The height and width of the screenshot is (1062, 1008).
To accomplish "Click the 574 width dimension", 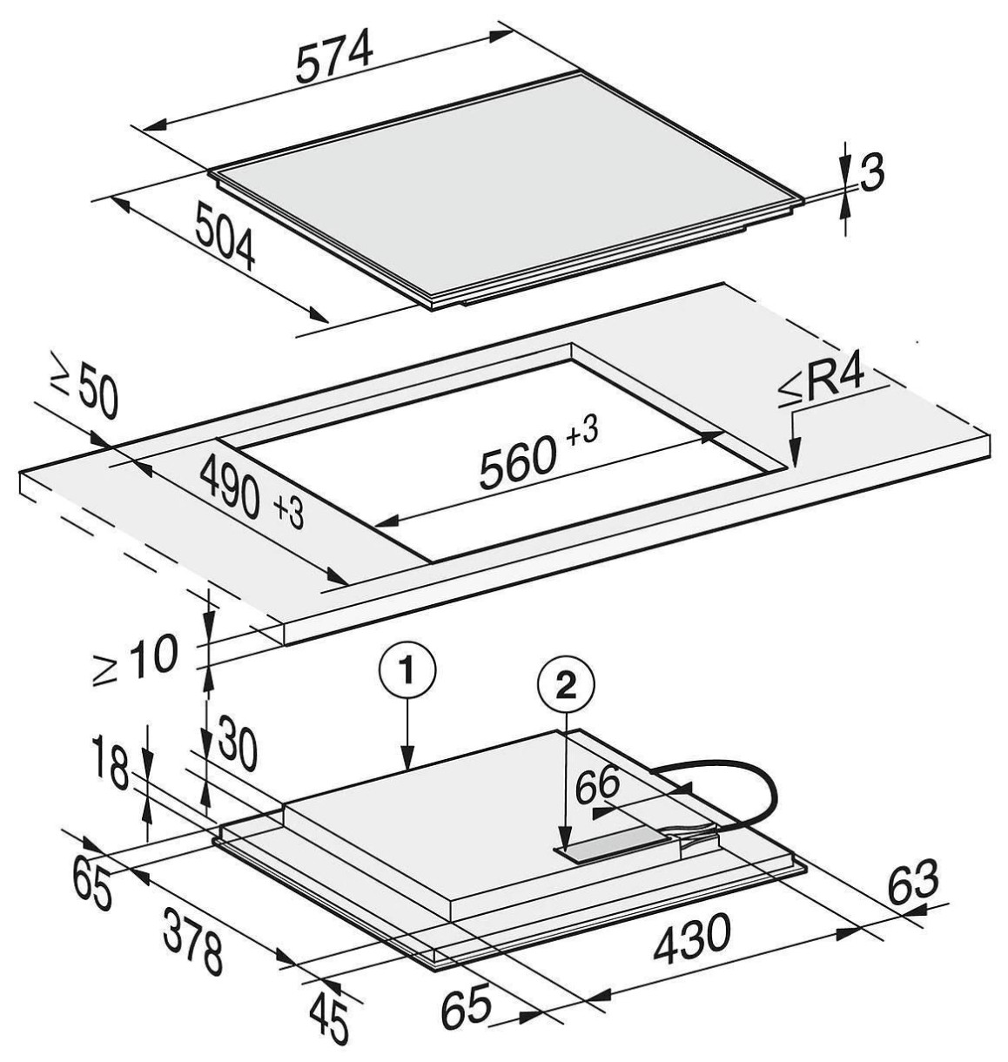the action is click(x=335, y=56).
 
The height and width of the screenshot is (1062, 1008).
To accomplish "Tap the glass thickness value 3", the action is click(x=872, y=172).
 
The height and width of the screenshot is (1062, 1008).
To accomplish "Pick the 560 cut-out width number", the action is click(x=517, y=462).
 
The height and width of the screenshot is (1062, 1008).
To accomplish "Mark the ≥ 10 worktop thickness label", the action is click(x=135, y=660).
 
